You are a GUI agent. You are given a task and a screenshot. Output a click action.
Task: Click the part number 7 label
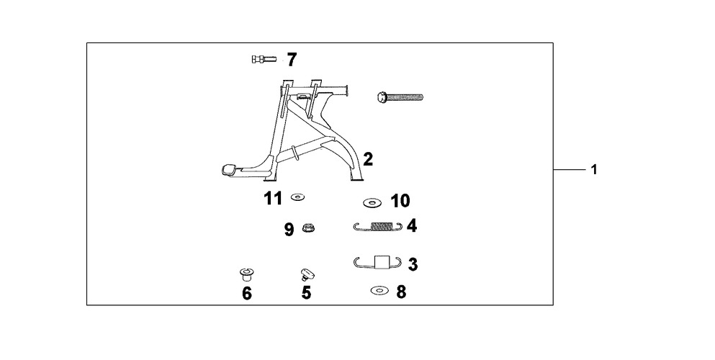click(292, 60)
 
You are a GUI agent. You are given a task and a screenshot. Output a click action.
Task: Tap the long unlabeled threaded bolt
click(400, 96)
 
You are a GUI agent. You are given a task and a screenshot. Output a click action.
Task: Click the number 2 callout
click(368, 159)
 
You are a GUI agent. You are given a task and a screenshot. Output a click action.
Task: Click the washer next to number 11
click(298, 197)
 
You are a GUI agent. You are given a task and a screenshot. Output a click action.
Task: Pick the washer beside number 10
click(372, 202)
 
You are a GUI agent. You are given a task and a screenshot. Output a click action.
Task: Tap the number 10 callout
click(400, 200)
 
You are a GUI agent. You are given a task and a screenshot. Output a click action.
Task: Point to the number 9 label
click(289, 229)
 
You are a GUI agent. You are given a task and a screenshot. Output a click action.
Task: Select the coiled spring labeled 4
click(378, 227)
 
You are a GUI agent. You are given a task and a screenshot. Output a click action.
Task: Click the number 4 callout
click(412, 225)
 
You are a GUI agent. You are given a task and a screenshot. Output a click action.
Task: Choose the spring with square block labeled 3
click(378, 263)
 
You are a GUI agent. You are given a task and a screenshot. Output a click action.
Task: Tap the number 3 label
click(413, 264)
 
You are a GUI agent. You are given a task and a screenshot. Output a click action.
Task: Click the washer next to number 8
click(379, 290)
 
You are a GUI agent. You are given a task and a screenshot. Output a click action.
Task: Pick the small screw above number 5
click(307, 275)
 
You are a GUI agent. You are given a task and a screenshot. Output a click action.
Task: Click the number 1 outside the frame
click(594, 170)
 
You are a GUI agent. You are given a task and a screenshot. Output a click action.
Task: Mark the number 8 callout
click(401, 292)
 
